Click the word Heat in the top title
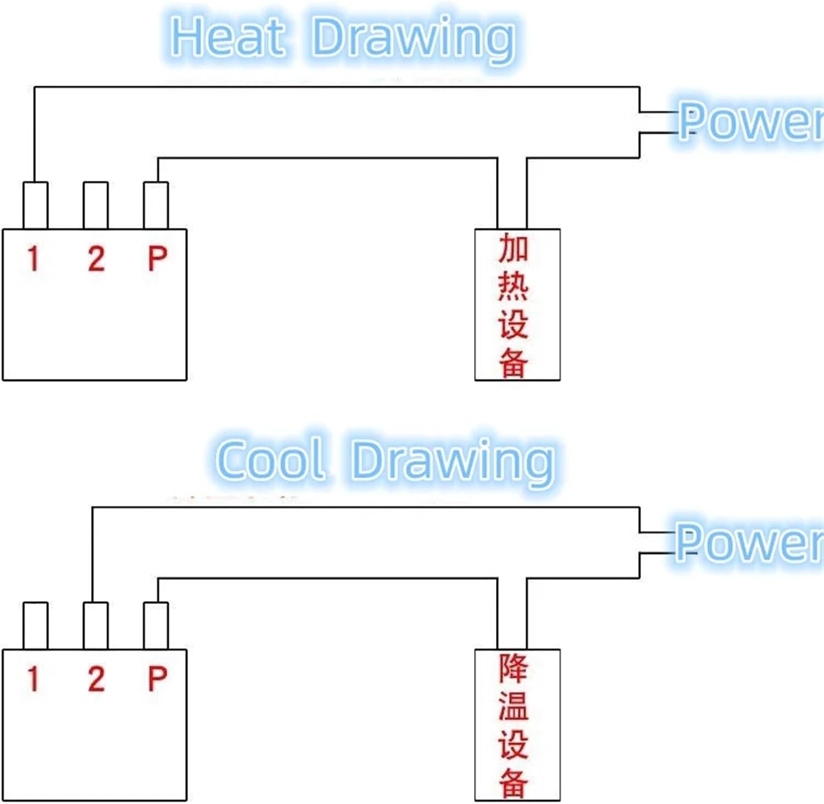pos(228,37)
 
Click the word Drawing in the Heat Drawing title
pos(414,38)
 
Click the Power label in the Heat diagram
pos(750,122)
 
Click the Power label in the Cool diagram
pos(748,542)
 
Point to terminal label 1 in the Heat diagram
pos(34,258)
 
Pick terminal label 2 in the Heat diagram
pos(96,258)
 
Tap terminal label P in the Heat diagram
pos(157,258)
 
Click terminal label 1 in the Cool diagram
pos(34,679)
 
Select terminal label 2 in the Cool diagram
pos(96,679)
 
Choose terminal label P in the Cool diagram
pos(157,679)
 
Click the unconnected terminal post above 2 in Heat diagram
pos(96,205)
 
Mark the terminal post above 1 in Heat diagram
pos(36,205)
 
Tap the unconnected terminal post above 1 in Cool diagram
pos(36,625)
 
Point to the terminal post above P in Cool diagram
pos(156,625)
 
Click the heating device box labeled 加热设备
pos(517,304)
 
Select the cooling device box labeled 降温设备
pos(517,725)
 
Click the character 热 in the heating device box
pos(513,286)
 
